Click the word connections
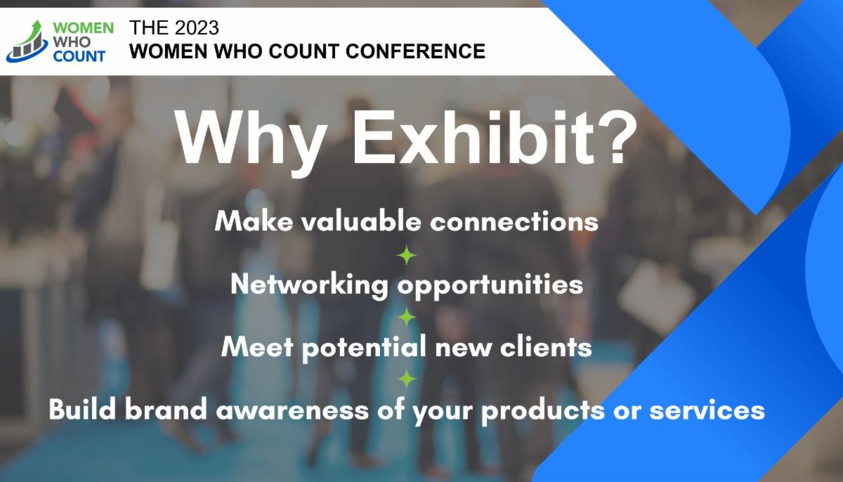(514, 221)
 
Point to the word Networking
(309, 285)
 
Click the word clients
(550, 347)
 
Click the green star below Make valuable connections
(407, 255)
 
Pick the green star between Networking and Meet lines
(407, 318)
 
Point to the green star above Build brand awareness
(407, 379)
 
